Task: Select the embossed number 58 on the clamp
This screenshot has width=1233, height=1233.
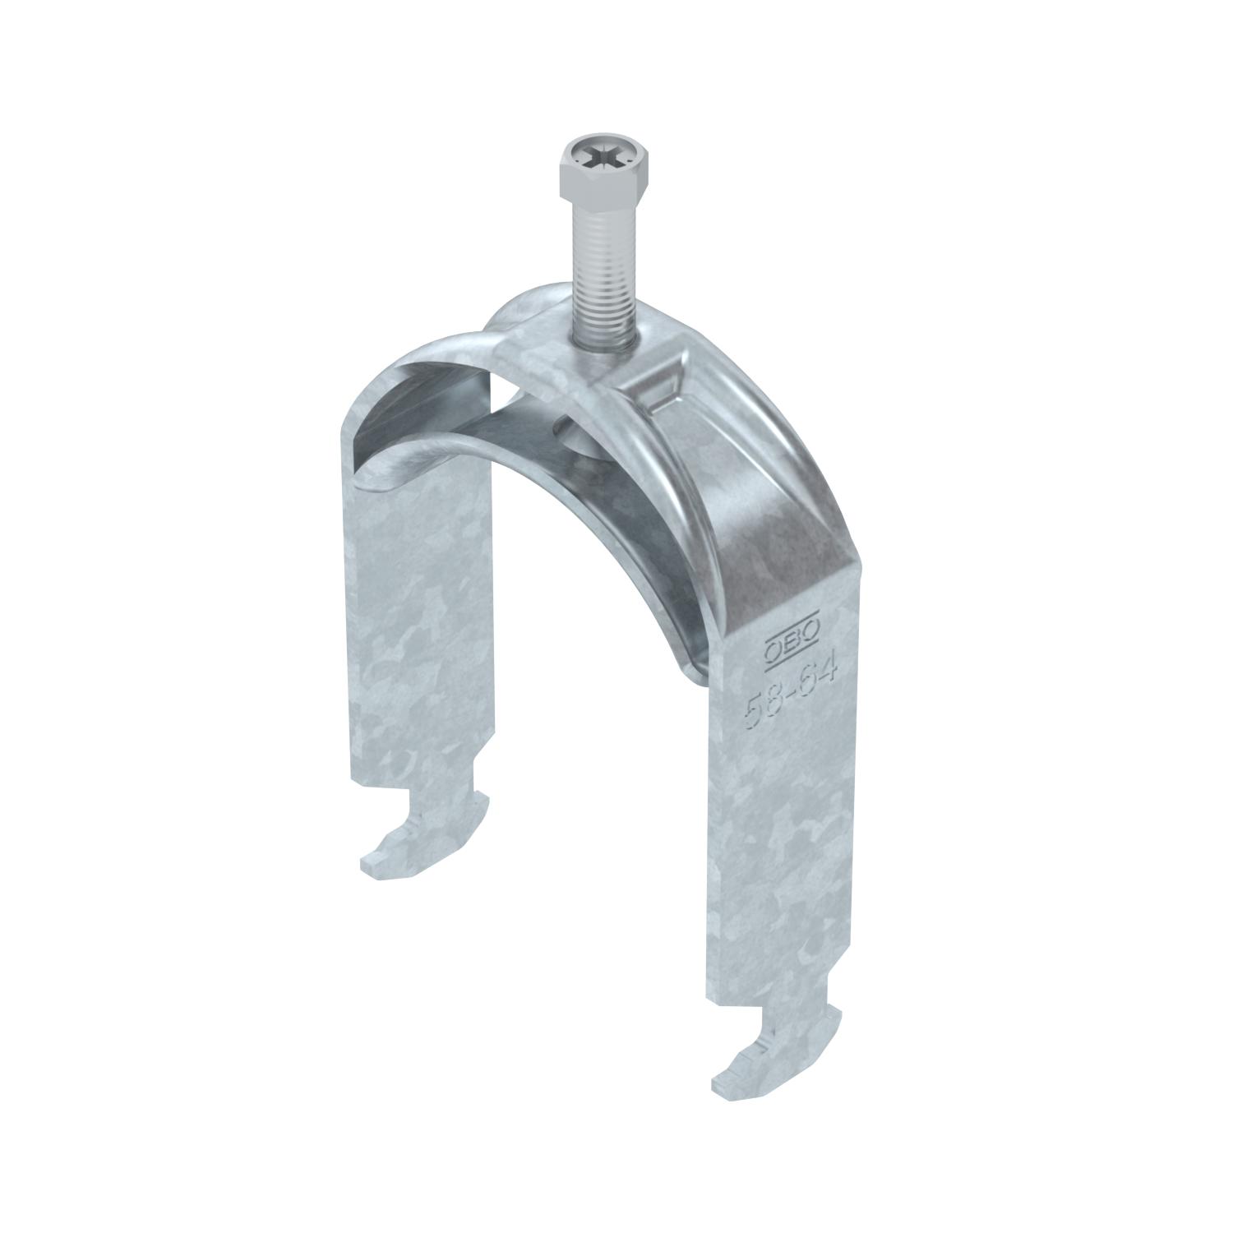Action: (760, 707)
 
